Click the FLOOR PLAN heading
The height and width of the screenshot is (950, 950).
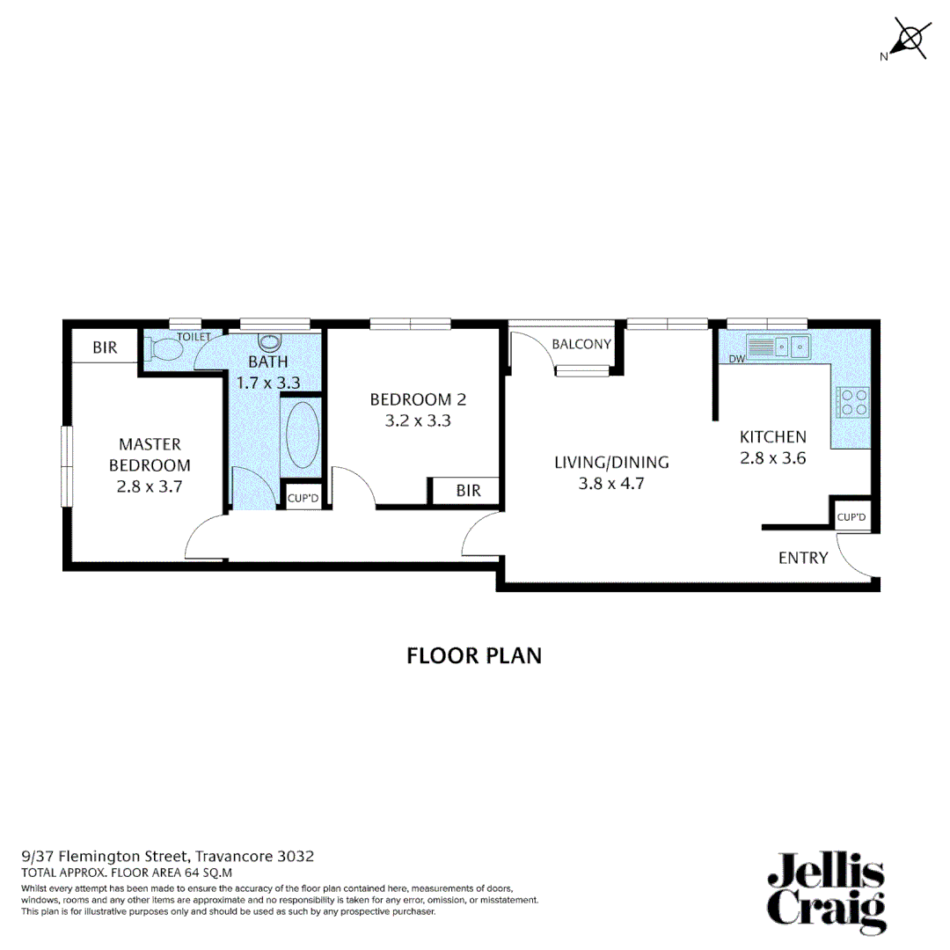tap(474, 656)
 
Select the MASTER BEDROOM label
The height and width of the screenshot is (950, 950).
tap(150, 455)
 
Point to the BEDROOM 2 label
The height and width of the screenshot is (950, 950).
tap(418, 400)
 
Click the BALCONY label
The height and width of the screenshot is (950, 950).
tap(581, 344)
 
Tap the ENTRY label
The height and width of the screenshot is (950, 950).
tap(802, 558)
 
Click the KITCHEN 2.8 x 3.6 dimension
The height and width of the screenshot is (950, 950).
tap(772, 457)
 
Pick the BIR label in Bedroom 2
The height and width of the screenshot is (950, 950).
tap(469, 491)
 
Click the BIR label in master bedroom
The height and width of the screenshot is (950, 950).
tap(105, 348)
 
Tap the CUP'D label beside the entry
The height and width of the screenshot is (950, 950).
tap(851, 517)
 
